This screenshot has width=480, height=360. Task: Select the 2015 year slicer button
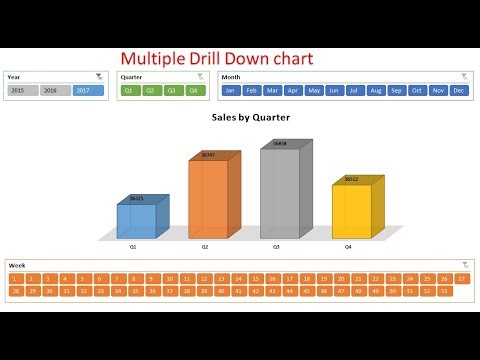point(22,90)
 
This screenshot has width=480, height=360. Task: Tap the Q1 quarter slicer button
point(129,90)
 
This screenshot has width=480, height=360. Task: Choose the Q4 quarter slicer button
point(195,90)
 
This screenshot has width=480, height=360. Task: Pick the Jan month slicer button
point(230,90)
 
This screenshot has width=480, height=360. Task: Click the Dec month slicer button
point(459,90)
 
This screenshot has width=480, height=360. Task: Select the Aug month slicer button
point(376,90)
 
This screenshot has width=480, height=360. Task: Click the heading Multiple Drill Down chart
point(217,59)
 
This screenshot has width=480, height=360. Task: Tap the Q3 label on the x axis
point(277,245)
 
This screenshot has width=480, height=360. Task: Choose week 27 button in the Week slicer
point(461,278)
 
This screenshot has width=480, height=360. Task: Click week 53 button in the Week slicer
point(443,290)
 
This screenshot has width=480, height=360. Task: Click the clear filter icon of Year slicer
point(98,76)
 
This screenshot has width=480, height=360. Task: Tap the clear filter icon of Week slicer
point(465,265)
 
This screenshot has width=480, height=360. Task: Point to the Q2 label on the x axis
point(204,245)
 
